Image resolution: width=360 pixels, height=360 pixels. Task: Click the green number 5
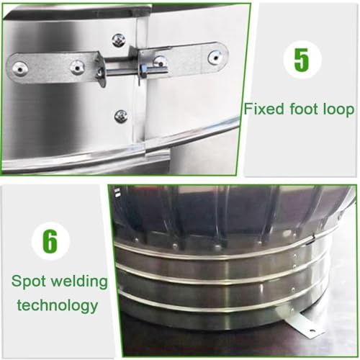pyautogui.click(x=302, y=60)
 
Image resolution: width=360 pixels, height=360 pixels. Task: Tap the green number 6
pyautogui.click(x=50, y=240)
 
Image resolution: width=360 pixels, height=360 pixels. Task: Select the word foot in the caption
pyautogui.click(x=303, y=109)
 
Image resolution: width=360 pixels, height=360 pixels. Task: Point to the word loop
pyautogui.click(x=338, y=110)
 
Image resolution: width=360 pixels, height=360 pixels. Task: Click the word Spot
pyautogui.click(x=29, y=282)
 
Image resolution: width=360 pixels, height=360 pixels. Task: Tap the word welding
pyautogui.click(x=79, y=282)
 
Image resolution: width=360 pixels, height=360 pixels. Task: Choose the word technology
pyautogui.click(x=58, y=306)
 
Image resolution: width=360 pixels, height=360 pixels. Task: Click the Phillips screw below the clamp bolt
pyautogui.click(x=121, y=116)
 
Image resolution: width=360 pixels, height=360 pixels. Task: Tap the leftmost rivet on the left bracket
pyautogui.click(x=19, y=69)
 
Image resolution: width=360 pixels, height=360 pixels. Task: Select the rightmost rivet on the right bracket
pyautogui.click(x=216, y=58)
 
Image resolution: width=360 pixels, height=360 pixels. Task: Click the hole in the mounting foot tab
pyautogui.click(x=312, y=331)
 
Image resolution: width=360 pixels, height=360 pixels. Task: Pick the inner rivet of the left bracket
pyautogui.click(x=77, y=68)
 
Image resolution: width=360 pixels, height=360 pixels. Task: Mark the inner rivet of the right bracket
pyautogui.click(x=160, y=61)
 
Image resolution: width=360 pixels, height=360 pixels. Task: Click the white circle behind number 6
pyautogui.click(x=50, y=240)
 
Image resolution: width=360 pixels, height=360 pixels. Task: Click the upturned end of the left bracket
pyautogui.click(x=101, y=70)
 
